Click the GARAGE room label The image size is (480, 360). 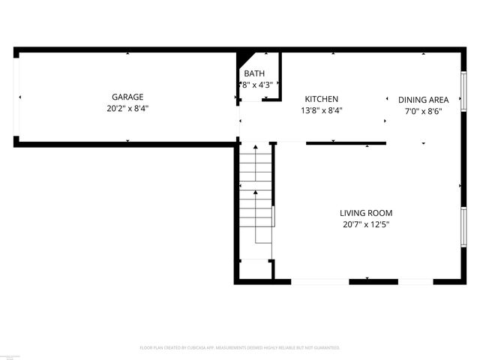pyautogui.click(x=127, y=97)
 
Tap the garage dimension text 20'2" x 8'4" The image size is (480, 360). pyautogui.click(x=127, y=108)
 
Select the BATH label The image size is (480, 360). pyautogui.click(x=254, y=73)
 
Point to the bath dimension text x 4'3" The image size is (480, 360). pyautogui.click(x=256, y=85)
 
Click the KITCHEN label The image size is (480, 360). pyautogui.click(x=321, y=99)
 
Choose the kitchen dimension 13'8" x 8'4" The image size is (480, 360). pyautogui.click(x=321, y=111)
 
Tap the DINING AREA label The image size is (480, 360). pyautogui.click(x=423, y=100)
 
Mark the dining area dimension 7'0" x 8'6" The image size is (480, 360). pyautogui.click(x=423, y=111)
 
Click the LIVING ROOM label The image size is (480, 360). pyautogui.click(x=366, y=213)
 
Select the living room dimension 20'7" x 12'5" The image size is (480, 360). pyautogui.click(x=366, y=224)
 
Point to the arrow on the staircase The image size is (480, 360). pyautogui.click(x=256, y=193)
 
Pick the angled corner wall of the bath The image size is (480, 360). pyautogui.click(x=245, y=60)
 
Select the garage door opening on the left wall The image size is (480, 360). pyautogui.click(x=17, y=97)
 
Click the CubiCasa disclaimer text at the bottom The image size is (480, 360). pyautogui.click(x=240, y=348)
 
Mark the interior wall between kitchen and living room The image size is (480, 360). pyautogui.click(x=346, y=142)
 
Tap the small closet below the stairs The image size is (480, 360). pyautogui.click(x=255, y=269)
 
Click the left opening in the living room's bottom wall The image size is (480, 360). pyautogui.click(x=320, y=281)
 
